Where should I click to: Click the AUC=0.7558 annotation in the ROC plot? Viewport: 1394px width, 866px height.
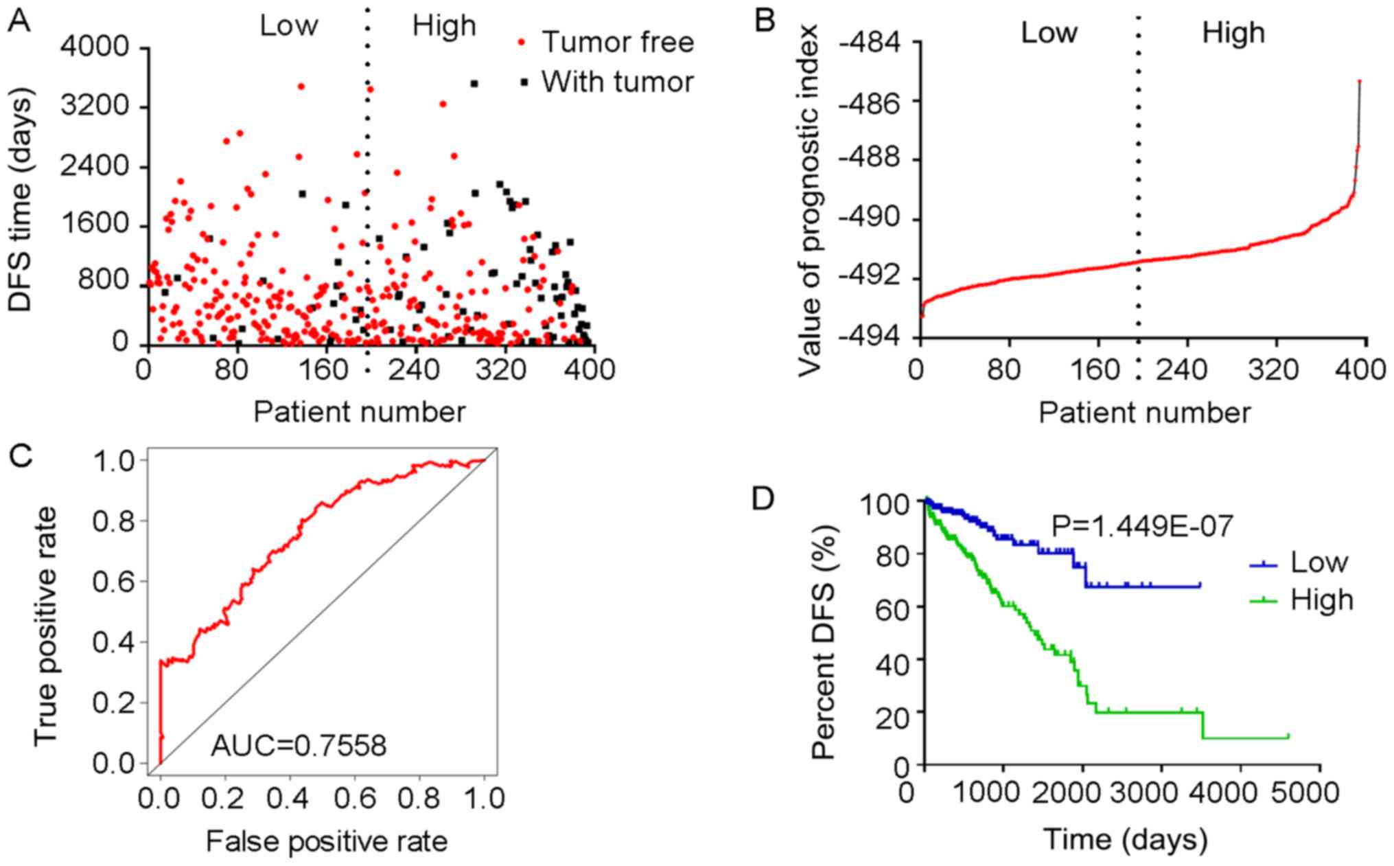[x=299, y=745]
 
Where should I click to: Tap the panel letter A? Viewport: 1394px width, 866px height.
[x=19, y=22]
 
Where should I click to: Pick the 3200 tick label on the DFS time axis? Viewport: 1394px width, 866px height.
[x=95, y=106]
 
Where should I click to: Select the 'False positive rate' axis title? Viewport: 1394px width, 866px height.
[x=327, y=841]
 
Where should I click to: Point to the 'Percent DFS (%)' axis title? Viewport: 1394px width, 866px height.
[x=823, y=642]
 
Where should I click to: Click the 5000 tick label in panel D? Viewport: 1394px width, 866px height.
[x=1305, y=793]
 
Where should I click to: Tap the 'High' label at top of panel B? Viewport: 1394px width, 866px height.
[x=1233, y=33]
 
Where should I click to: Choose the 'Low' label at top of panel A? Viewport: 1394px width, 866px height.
[x=288, y=26]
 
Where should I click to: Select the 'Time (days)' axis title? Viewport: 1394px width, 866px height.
[x=1126, y=839]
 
